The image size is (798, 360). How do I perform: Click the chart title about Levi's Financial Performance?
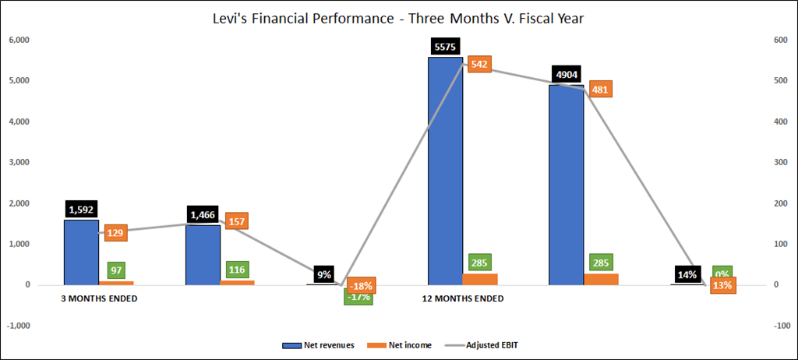(398, 16)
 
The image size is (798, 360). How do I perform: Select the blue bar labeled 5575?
(445, 171)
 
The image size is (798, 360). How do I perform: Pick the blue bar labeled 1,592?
(81, 252)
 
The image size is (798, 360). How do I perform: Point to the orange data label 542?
(479, 65)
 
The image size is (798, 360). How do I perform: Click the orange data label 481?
(600, 90)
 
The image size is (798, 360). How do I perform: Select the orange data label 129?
(116, 232)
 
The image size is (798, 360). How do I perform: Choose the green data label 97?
(116, 270)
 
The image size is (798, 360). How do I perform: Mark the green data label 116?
(237, 270)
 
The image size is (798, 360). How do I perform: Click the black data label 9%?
(323, 274)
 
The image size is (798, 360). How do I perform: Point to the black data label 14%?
(688, 274)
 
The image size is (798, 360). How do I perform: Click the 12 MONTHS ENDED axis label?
(463, 298)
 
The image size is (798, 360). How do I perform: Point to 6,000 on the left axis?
(19, 41)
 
